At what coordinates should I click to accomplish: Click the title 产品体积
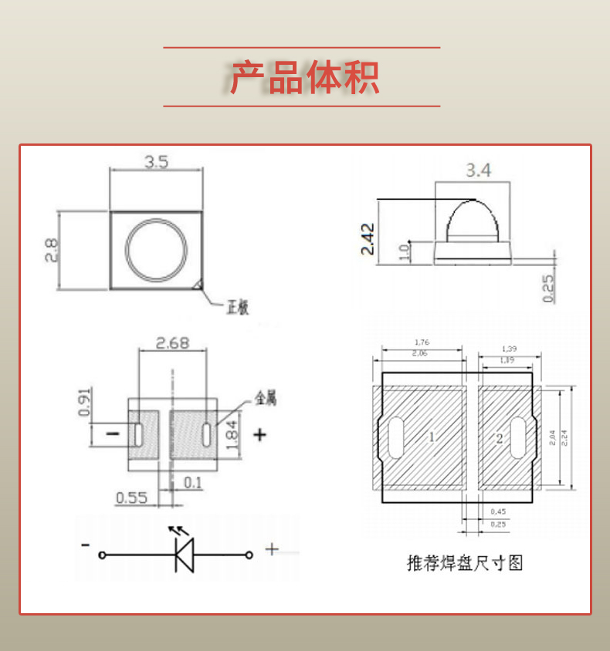[304, 77]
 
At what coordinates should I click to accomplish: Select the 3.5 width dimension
[156, 162]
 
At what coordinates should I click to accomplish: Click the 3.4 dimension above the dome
[478, 171]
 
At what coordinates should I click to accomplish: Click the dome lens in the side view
[473, 221]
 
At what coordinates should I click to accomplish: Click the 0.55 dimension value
[131, 498]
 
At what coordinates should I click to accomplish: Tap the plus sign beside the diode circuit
[272, 549]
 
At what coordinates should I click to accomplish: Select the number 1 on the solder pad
[431, 437]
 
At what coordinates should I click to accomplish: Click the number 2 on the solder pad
[500, 438]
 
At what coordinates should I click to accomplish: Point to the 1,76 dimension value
[421, 342]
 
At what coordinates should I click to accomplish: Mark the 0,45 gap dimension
[498, 511]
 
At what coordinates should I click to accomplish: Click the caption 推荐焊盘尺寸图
[465, 562]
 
